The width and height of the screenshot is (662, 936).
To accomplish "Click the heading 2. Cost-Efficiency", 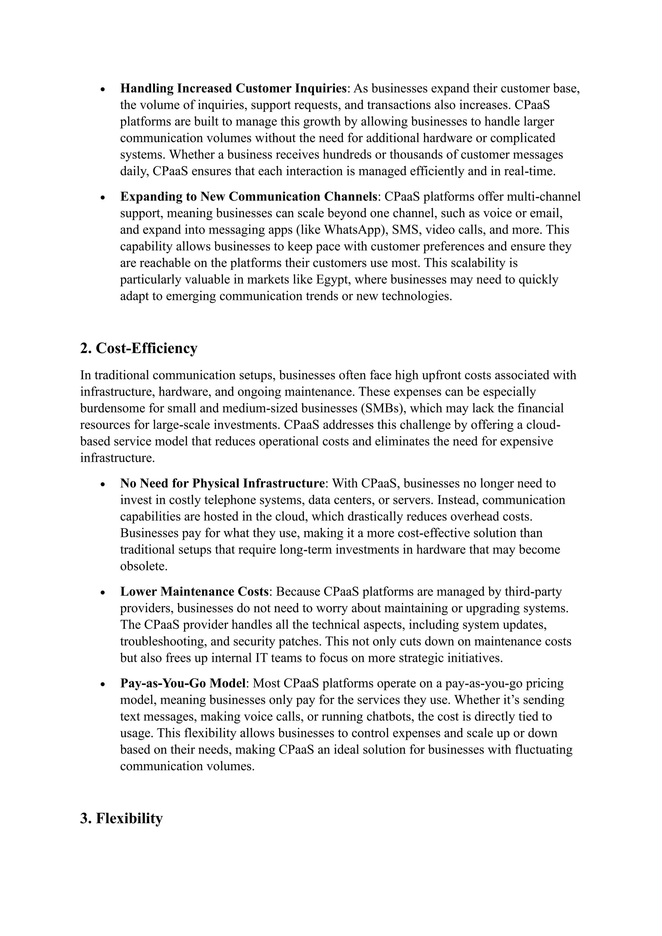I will coord(139,348).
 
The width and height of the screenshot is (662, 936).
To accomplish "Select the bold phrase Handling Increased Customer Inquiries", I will coord(233,89).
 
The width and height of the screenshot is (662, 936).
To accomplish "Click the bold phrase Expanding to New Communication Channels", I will coord(249,197).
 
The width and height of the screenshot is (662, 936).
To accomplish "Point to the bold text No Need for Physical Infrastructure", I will coord(222,484).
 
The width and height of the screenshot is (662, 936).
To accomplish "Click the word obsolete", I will coord(144,567).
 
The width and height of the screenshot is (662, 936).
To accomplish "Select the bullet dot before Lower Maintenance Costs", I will coord(103,593).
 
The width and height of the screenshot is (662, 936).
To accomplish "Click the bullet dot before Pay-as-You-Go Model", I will coord(103,685).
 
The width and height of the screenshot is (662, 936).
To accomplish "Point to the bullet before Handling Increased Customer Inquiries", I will coord(103,90).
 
